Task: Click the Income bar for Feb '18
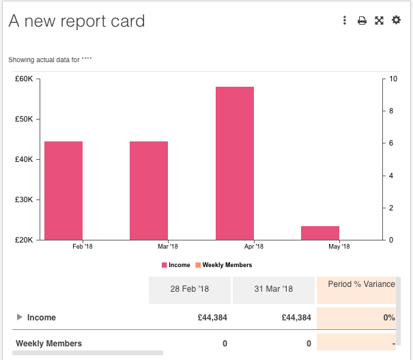(63, 191)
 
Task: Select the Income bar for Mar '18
(149, 191)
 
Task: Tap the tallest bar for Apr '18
(235, 163)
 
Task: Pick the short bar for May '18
(320, 233)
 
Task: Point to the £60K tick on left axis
(24, 79)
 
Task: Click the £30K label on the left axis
(24, 199)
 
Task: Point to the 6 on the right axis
(391, 143)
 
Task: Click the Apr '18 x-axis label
(253, 247)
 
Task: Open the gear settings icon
(396, 20)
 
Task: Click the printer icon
(362, 20)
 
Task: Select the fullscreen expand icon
(379, 20)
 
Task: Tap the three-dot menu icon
(345, 20)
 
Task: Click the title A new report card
(76, 21)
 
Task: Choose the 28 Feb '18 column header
(189, 289)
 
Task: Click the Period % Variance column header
(360, 284)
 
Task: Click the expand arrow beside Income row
(18, 317)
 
